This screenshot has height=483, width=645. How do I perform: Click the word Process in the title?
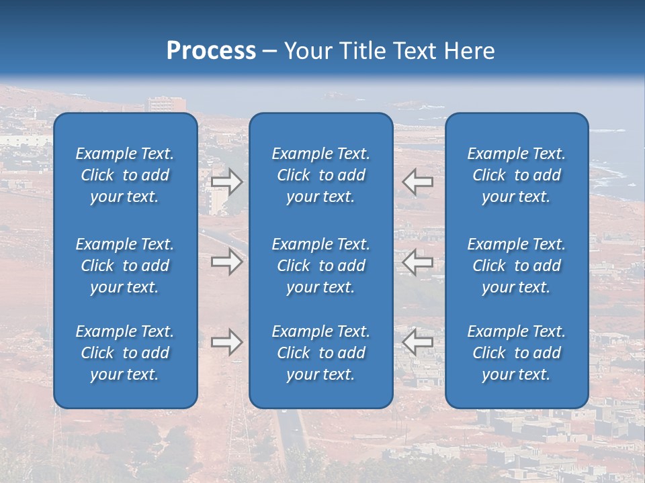coord(211,51)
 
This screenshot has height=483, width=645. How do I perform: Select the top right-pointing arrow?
coord(227,182)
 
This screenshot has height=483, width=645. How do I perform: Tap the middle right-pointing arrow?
coord(227,262)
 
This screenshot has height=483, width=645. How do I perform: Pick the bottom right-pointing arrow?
coord(227,342)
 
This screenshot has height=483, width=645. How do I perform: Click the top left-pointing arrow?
coord(417,182)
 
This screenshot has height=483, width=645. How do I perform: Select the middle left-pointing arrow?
coord(417,262)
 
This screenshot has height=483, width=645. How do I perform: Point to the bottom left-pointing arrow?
coord(417,342)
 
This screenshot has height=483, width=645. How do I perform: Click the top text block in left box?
coord(125,175)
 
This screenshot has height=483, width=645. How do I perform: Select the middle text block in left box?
coord(125,266)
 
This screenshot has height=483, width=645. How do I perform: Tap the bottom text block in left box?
coord(125,353)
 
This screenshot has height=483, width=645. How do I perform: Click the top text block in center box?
coord(321,175)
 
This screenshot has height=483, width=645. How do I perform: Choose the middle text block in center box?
coord(321,266)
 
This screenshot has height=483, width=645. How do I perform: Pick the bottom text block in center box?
coord(321,353)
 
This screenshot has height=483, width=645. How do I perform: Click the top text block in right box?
coord(517,175)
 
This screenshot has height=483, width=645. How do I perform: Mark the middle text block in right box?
coord(517,266)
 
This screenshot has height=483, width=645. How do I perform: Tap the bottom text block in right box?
coord(517,353)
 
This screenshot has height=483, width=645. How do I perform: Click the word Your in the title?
coord(308,51)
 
